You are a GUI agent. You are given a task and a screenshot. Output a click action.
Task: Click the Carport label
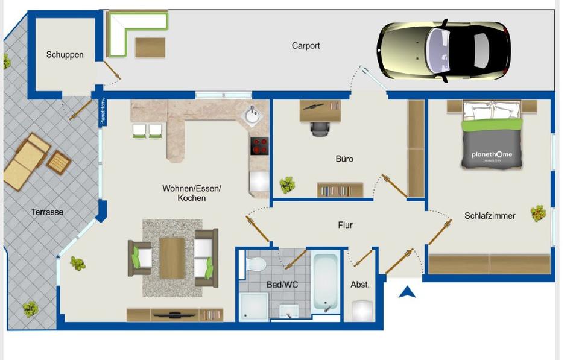(306, 46)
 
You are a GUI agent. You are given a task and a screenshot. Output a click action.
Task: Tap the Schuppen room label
(65, 55)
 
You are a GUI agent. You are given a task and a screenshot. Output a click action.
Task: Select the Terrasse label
(47, 212)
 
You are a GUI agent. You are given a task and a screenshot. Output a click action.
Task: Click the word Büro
(344, 159)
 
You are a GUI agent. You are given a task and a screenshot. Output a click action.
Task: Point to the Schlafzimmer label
(490, 215)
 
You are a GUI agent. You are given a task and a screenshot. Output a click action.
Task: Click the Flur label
(345, 225)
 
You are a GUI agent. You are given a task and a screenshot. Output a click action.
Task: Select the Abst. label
(360, 284)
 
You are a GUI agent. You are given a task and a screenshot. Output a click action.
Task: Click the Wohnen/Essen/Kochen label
(192, 193)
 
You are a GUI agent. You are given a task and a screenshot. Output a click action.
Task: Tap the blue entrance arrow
(408, 292)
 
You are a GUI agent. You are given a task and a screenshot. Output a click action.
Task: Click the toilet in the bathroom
(257, 265)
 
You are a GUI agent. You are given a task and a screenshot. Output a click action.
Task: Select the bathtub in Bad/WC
(324, 282)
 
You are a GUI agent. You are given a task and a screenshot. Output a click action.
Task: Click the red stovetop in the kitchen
(259, 147)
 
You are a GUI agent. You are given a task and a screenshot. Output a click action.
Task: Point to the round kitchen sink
(252, 115)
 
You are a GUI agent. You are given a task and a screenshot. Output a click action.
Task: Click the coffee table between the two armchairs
(172, 258)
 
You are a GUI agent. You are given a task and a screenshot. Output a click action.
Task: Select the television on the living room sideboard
(174, 314)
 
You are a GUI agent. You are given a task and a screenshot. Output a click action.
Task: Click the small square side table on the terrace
(59, 162)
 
